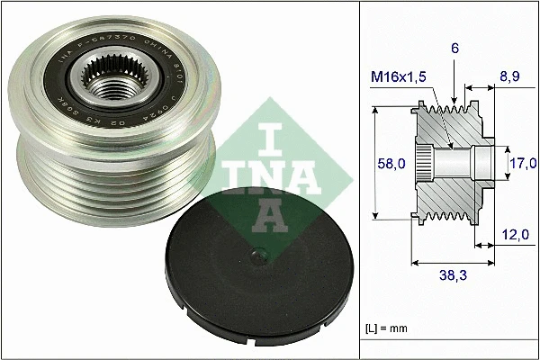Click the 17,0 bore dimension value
pos(523,163)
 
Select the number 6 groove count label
pos(454,52)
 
